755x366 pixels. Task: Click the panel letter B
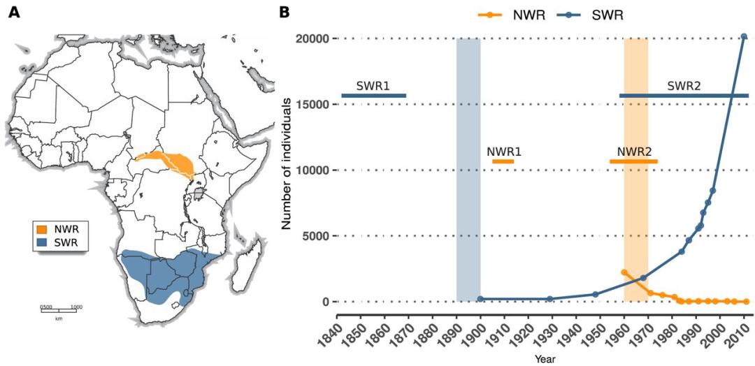(x=285, y=12)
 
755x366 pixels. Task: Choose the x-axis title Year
(x=545, y=359)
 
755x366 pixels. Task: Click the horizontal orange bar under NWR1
(x=503, y=161)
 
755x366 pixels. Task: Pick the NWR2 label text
(x=634, y=152)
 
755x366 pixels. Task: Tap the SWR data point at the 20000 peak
(x=744, y=37)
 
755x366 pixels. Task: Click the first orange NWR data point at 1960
(x=624, y=272)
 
